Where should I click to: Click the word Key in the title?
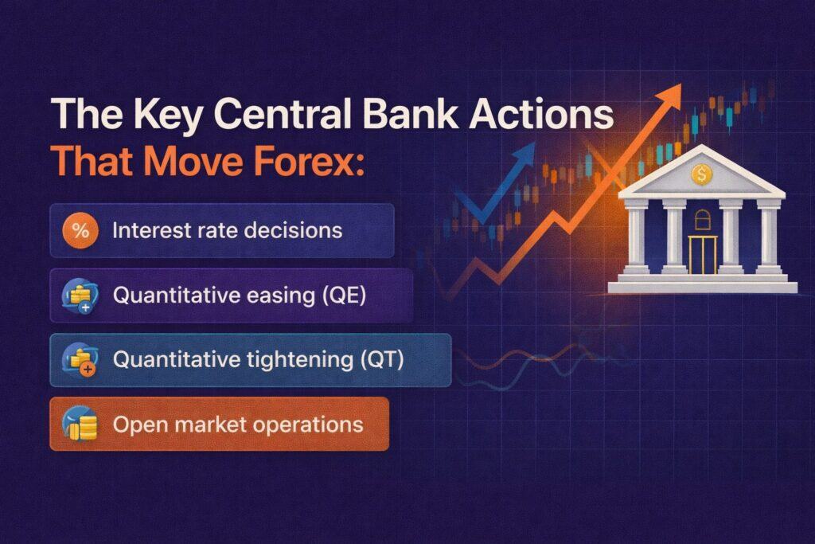point(167,115)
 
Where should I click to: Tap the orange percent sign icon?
point(80,230)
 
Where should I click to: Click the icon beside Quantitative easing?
point(80,295)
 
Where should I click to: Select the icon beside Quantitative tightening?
point(80,360)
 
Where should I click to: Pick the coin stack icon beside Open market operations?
point(80,425)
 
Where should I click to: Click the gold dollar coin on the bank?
point(702,174)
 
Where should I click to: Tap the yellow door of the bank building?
point(703,254)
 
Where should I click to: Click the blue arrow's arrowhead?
point(524,155)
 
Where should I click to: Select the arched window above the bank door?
point(702,220)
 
